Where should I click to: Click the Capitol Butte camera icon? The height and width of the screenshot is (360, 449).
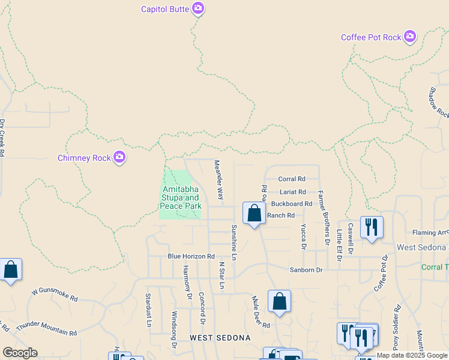click(x=198, y=8)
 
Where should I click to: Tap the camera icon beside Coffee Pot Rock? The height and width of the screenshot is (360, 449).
click(x=410, y=37)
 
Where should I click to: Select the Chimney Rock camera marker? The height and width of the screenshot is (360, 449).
click(x=119, y=158)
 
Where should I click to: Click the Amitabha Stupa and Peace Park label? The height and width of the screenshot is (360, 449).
click(x=180, y=198)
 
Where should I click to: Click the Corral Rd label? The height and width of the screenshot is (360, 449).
click(x=292, y=179)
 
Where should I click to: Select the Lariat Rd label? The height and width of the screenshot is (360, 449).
click(x=293, y=192)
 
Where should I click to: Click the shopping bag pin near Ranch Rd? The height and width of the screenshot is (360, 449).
click(x=254, y=213)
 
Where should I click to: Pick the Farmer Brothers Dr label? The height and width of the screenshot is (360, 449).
click(x=324, y=218)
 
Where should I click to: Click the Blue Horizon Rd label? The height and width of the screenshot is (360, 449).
click(x=191, y=256)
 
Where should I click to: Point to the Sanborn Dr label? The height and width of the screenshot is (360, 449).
click(x=306, y=270)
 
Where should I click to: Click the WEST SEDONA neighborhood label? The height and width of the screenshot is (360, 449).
click(x=220, y=338)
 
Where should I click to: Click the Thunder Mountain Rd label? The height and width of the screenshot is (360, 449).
click(x=47, y=329)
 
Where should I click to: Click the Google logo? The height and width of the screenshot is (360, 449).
click(x=20, y=353)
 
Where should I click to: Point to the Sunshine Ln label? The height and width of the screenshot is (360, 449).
click(x=235, y=242)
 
